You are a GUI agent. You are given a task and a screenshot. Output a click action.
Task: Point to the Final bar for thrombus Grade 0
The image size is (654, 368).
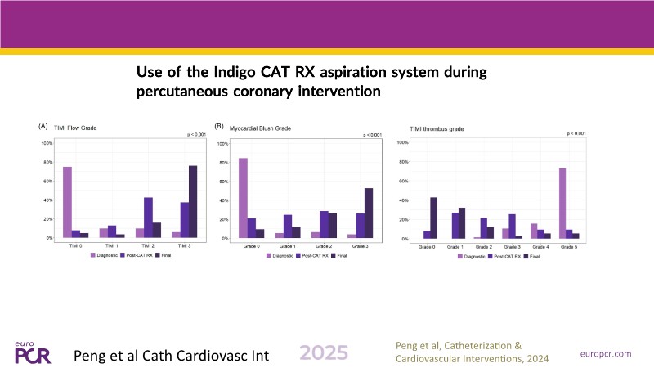tap(433, 218)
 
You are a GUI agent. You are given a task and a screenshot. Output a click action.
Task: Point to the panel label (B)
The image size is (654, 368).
tap(218, 127)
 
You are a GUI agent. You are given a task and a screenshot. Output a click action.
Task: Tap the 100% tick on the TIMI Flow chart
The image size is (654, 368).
tap(47, 143)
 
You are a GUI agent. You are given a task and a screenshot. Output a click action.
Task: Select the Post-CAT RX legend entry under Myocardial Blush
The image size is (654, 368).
tap(313, 256)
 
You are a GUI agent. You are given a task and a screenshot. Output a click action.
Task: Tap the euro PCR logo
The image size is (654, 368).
tap(34, 352)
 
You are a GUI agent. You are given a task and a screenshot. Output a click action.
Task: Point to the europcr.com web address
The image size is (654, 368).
tap(606, 353)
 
